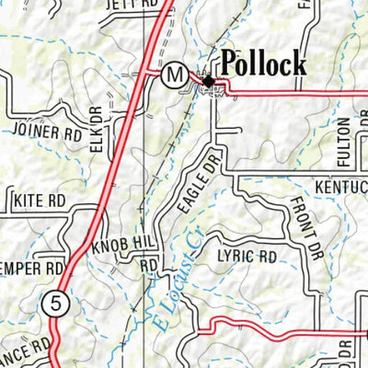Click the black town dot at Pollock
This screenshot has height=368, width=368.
tap(208, 83)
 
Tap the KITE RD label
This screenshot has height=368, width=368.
tap(38, 199)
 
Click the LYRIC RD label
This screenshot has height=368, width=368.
tap(247, 256)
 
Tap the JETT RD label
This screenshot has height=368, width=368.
tap(127, 4)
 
